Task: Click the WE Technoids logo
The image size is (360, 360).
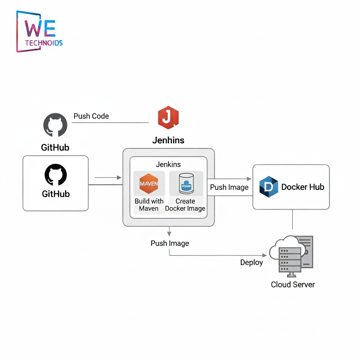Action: (x=39, y=32)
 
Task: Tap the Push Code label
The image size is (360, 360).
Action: (x=91, y=116)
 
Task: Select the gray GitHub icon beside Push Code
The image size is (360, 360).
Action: (x=55, y=125)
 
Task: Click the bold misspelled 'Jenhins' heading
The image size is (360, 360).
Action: (x=168, y=140)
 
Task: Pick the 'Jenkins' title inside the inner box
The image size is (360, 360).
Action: (x=168, y=164)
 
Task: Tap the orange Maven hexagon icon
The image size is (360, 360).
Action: (x=149, y=184)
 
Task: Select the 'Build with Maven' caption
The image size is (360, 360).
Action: (x=149, y=205)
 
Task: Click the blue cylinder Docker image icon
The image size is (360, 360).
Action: (x=186, y=184)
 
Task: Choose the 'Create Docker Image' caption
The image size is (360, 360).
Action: (x=185, y=205)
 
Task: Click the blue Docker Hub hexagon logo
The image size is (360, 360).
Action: (x=269, y=187)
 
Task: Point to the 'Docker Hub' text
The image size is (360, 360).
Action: (x=303, y=187)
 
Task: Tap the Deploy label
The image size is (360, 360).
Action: (x=251, y=262)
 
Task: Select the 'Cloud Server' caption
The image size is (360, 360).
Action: (x=293, y=284)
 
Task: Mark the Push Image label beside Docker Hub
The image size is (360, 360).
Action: (x=229, y=187)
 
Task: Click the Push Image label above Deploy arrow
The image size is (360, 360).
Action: (x=170, y=243)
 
